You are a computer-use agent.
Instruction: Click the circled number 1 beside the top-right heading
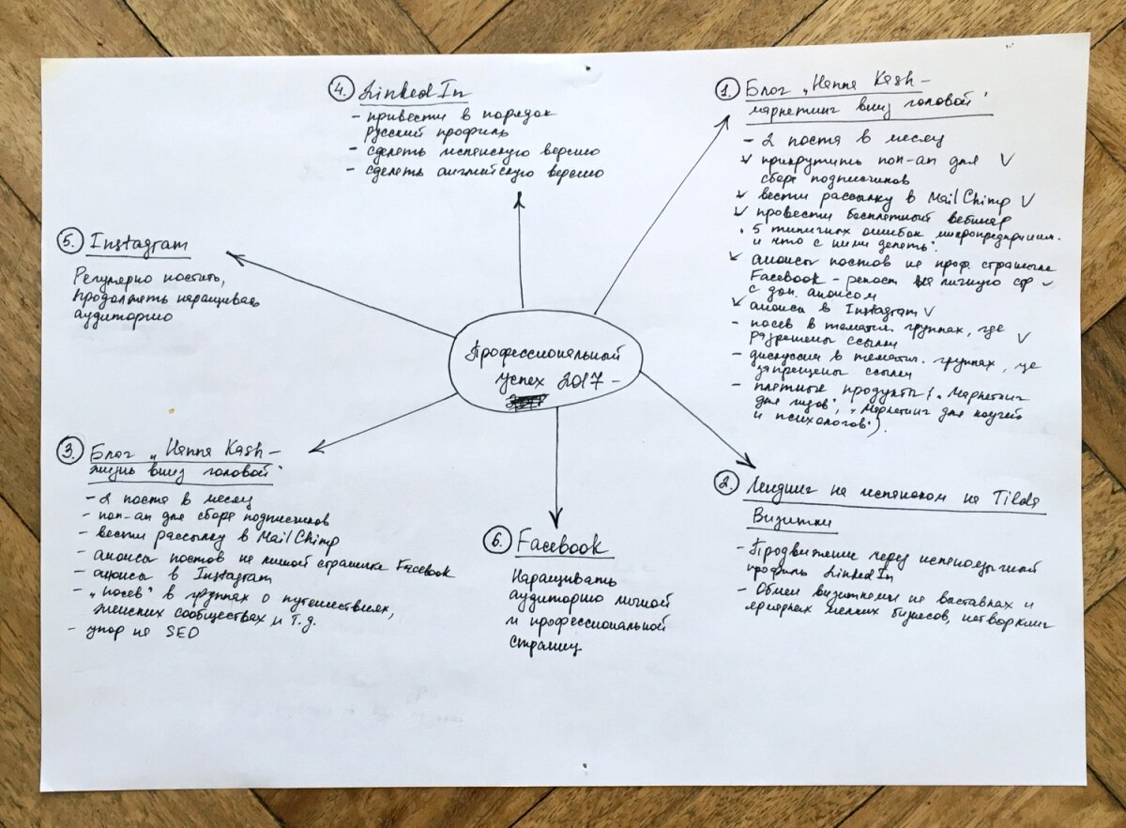click(724, 90)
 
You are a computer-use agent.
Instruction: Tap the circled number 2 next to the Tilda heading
click(724, 484)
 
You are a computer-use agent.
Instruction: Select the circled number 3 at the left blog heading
click(69, 451)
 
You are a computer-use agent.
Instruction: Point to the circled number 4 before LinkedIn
click(338, 90)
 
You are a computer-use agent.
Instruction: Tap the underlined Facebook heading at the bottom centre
click(560, 544)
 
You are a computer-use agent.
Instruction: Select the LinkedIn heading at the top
click(413, 92)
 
